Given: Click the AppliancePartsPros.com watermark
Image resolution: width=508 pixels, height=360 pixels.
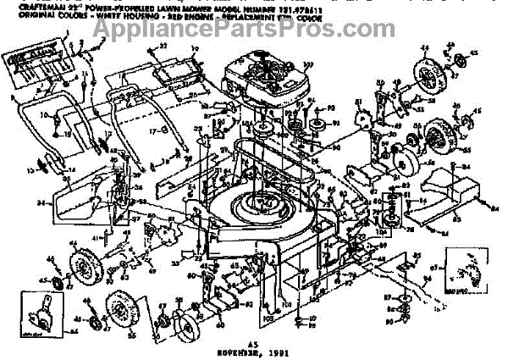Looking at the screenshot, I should [254, 30].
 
